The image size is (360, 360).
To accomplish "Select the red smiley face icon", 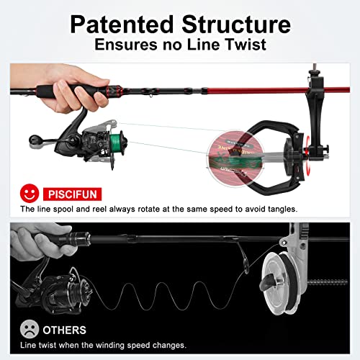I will [29, 194].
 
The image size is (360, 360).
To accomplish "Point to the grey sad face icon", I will [29, 330].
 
